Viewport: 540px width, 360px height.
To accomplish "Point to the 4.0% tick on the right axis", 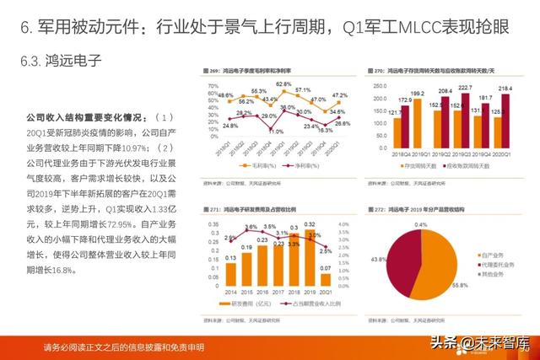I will pyautogui.click(x=345, y=223).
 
